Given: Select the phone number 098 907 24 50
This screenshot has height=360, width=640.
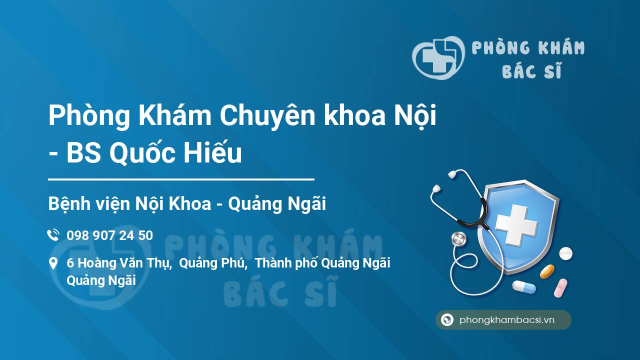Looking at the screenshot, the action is pos(109,235).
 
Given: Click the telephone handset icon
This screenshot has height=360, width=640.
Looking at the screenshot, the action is pos(53,235).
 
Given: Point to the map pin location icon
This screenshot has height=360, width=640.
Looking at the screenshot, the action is pos(53,263).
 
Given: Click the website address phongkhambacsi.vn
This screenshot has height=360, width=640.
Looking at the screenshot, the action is pos(507,320).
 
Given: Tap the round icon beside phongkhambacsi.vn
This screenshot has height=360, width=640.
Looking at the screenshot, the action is pos(447,319).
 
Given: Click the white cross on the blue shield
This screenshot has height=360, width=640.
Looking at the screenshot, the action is pos(516,225).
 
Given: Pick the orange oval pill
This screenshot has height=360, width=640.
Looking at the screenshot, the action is pos(547,271).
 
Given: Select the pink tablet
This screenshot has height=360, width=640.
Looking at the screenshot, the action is pos(560,287).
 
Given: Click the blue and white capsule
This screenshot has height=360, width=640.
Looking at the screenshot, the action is pos(524,286).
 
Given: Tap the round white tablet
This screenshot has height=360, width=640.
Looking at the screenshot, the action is pos(565,253).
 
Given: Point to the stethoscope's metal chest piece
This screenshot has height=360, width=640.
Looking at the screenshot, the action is pos(458,239).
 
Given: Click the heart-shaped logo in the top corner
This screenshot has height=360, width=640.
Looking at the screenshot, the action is pos(438,57).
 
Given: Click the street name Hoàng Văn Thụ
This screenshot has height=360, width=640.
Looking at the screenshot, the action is pos(124,263).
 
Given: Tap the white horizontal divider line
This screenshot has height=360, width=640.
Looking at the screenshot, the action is pos(181,179).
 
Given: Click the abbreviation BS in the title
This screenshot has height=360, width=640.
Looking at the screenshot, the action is pos(83,153).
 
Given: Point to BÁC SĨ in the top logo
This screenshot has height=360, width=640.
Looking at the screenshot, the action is pos(531,70).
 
